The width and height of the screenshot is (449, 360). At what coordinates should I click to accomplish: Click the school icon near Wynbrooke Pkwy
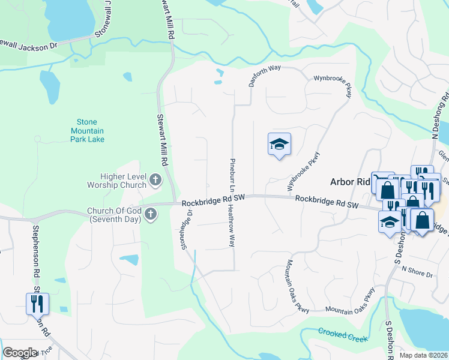279,144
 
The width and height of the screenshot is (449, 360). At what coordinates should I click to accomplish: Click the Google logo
20,353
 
